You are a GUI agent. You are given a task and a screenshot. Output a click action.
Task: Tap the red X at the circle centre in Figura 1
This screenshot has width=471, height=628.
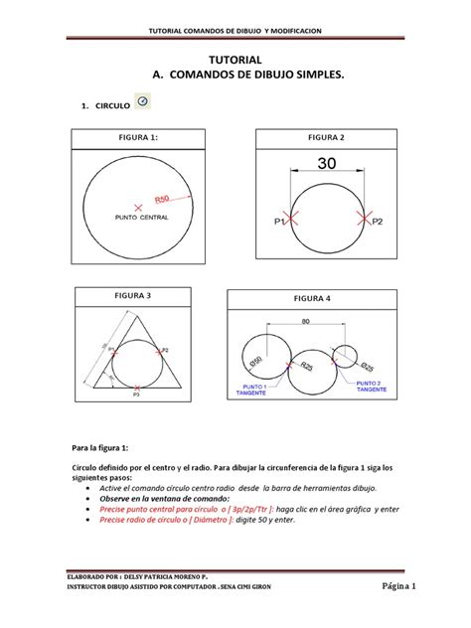tap(138, 205)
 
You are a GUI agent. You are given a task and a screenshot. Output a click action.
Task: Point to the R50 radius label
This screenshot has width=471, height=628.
tap(170, 198)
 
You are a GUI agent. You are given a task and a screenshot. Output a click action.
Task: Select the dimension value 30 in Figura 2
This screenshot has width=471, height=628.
tap(326, 162)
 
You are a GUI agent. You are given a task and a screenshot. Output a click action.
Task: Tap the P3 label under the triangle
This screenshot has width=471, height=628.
tap(136, 394)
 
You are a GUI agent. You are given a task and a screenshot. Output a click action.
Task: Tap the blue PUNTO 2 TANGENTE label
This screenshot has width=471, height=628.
tap(372, 386)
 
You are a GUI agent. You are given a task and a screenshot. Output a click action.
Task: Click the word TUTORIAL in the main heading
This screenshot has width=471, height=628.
tap(235, 61)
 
